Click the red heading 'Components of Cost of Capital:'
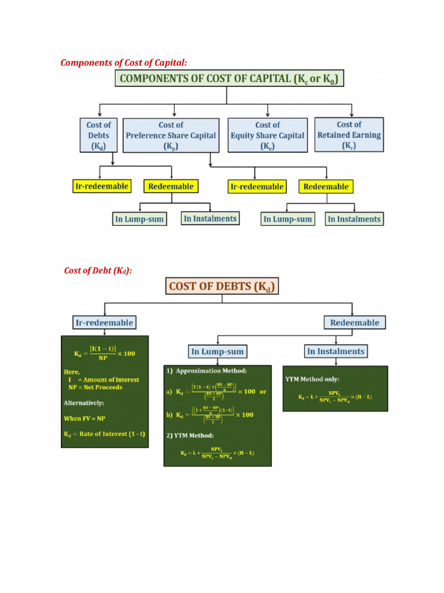click(124, 63)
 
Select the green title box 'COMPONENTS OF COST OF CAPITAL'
click(230, 78)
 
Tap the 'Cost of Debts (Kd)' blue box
click(98, 136)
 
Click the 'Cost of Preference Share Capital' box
click(171, 136)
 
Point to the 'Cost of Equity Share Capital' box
click(267, 136)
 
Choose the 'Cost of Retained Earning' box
click(349, 136)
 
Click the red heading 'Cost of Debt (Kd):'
click(98, 270)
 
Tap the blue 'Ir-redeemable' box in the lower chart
click(104, 323)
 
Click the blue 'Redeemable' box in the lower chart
click(354, 323)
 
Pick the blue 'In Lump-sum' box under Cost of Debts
click(217, 352)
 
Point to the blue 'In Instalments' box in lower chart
click(335, 351)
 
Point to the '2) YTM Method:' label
click(194, 435)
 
